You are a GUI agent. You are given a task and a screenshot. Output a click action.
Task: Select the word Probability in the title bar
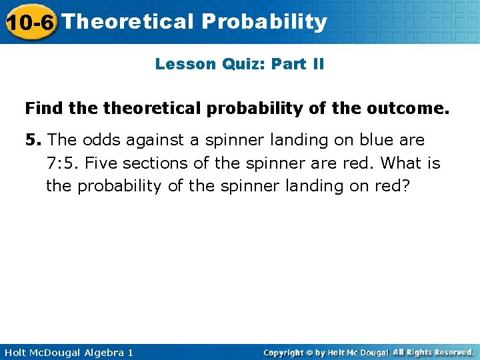(265, 21)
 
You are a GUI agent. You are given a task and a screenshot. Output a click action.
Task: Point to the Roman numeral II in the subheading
(315, 64)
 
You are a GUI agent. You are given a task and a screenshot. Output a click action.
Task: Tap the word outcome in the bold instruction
(415, 107)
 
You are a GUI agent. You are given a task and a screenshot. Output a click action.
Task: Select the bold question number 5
(33, 140)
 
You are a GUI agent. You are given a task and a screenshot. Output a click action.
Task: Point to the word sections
(154, 163)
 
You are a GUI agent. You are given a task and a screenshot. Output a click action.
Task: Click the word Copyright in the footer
(286, 352)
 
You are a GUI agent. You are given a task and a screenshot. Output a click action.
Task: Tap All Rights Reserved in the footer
(433, 352)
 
